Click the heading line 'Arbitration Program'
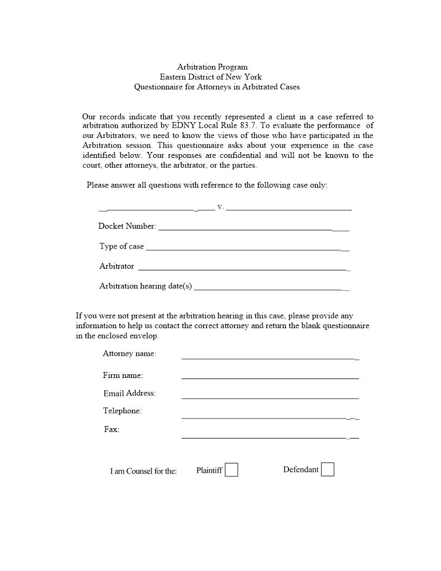[x=212, y=67]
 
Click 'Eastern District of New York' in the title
[x=210, y=77]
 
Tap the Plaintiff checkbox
[x=231, y=470]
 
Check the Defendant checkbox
[x=328, y=469]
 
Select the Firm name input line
[x=270, y=377]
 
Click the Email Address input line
[x=270, y=397]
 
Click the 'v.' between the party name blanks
[x=220, y=207]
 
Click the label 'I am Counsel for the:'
[x=143, y=471]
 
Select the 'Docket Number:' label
[x=127, y=226]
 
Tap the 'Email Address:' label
[x=130, y=393]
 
